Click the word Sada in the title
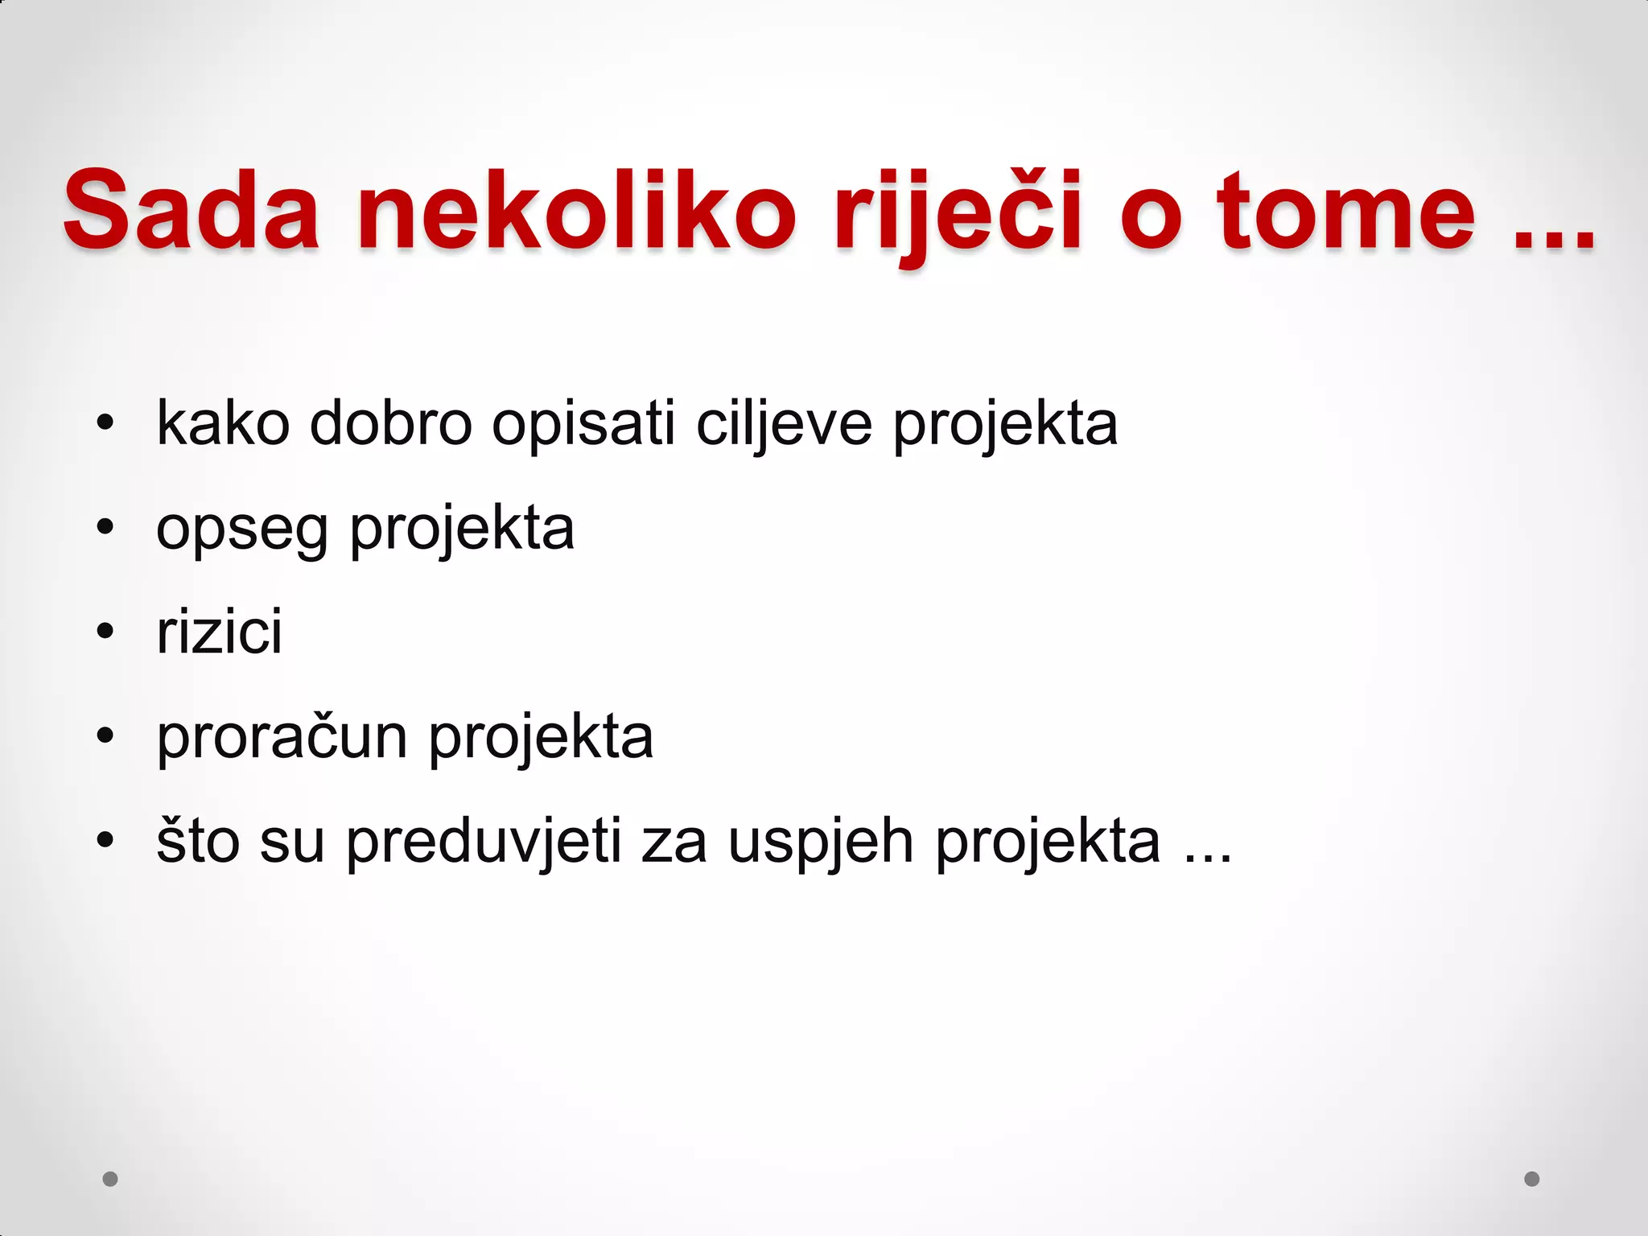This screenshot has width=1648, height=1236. [x=192, y=210]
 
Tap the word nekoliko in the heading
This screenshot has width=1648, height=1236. [x=577, y=210]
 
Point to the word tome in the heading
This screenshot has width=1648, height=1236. [x=1346, y=212]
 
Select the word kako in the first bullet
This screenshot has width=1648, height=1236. [x=223, y=423]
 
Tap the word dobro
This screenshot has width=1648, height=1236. [x=391, y=423]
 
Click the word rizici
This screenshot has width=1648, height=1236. [x=220, y=632]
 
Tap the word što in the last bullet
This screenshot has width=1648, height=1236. [x=198, y=842]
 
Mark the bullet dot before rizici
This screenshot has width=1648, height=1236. [x=105, y=632]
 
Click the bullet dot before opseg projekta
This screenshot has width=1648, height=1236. [x=105, y=528]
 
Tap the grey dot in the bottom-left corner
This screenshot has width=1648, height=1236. [x=110, y=1179]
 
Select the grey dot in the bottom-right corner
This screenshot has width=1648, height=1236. [x=1532, y=1179]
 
